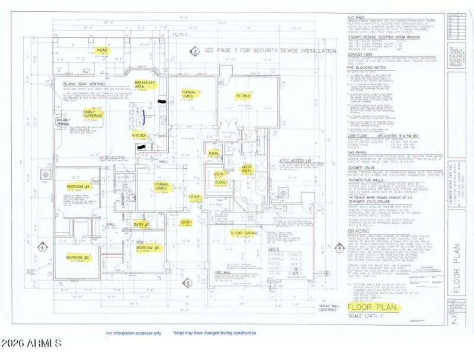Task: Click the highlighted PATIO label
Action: tap(103, 51)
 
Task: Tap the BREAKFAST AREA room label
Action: tap(145, 85)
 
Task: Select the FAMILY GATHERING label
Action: tap(92, 114)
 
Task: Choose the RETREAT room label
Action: tap(244, 95)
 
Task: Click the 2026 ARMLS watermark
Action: tap(31, 343)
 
